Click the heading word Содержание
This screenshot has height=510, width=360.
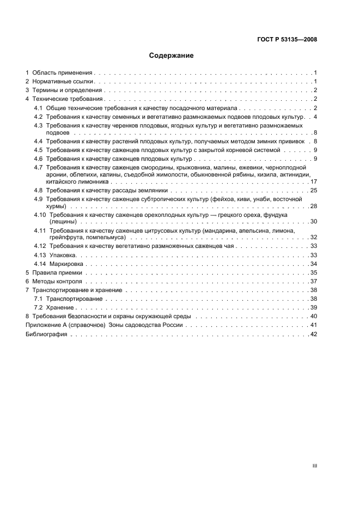click(172, 56)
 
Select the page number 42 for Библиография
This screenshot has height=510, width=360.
click(313, 335)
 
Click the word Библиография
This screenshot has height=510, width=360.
click(46, 335)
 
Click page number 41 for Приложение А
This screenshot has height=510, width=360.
click(313, 325)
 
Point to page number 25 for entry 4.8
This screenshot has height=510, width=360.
click(313, 191)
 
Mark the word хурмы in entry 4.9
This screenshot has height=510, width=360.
click(57, 207)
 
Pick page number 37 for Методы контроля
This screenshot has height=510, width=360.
click(313, 281)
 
